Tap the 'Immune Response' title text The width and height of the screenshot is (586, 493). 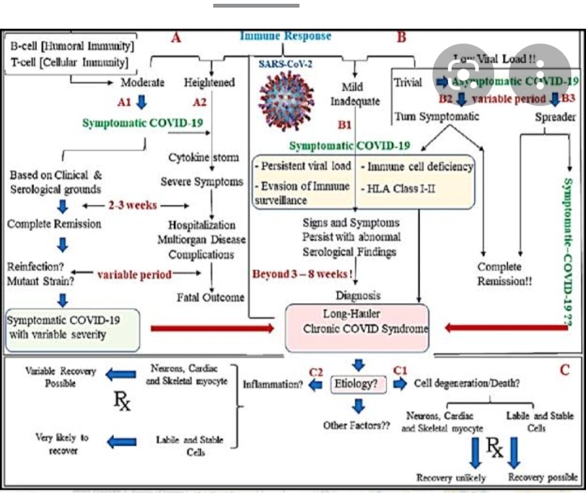point(285,36)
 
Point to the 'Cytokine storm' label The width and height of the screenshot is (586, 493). point(203,158)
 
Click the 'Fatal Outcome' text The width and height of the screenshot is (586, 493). point(211,297)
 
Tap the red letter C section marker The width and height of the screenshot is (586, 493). point(564,371)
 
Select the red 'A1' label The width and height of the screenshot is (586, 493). point(125,101)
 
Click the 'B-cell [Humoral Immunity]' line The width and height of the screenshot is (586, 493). point(72,46)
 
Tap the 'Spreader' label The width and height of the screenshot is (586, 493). point(555,117)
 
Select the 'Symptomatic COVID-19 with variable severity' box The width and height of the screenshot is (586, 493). point(71,327)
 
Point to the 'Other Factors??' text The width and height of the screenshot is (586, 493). point(356,425)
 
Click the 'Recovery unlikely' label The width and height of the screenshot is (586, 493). point(451,478)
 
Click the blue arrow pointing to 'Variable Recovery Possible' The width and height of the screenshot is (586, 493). point(122,373)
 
